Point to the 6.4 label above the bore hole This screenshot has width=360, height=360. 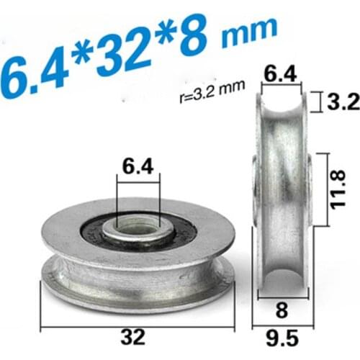(x=137, y=167)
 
